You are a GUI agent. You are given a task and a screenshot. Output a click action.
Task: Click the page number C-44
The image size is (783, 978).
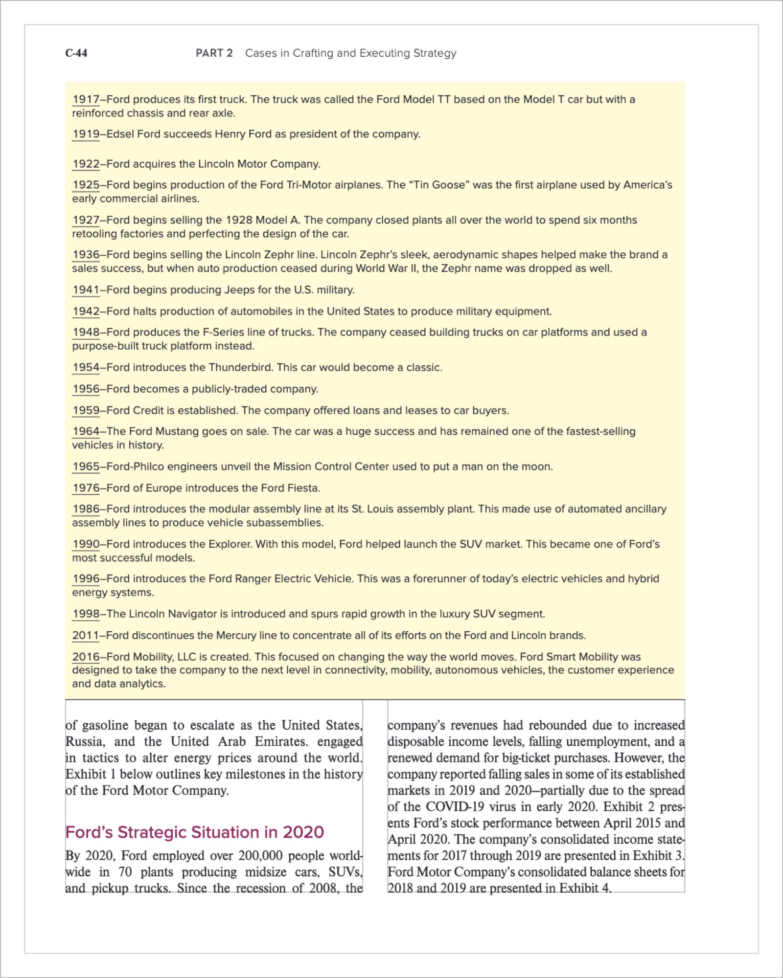click(x=76, y=53)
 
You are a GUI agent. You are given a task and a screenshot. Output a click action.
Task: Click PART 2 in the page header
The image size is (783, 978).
click(x=214, y=53)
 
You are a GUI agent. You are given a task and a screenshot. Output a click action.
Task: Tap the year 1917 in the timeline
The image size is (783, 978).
click(x=86, y=100)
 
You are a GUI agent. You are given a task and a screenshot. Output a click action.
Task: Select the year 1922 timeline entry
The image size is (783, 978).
click(x=86, y=164)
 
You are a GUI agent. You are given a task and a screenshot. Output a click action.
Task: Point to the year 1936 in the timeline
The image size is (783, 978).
click(x=86, y=255)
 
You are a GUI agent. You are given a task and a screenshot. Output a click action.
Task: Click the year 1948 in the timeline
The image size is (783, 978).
click(x=86, y=333)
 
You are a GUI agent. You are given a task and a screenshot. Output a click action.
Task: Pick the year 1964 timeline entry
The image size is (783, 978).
click(x=86, y=431)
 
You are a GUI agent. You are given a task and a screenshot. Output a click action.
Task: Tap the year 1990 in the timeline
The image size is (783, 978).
click(x=86, y=544)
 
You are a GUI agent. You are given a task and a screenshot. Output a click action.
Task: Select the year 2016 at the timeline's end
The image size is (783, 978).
click(x=86, y=657)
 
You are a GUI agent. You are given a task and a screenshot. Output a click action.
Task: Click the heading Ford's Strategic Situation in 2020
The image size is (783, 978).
click(x=195, y=832)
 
